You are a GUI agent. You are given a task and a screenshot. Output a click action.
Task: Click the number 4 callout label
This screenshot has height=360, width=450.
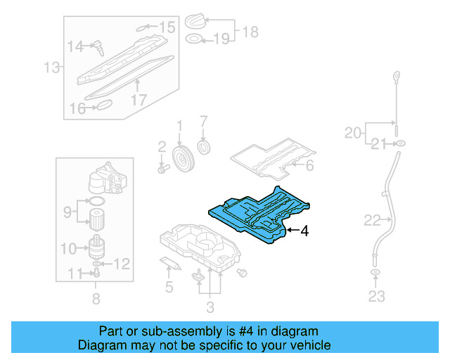[x=304, y=230]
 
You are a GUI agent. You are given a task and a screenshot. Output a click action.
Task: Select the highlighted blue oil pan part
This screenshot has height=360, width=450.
[x=257, y=214]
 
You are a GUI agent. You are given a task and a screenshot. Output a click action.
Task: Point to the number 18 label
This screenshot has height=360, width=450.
[x=250, y=31]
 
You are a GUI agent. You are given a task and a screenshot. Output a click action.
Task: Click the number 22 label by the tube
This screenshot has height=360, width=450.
[x=372, y=221]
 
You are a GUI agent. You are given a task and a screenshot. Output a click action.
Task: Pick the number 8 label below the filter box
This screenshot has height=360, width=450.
[x=96, y=299]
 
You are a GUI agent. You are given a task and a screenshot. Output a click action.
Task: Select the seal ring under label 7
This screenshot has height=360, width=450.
[x=205, y=148]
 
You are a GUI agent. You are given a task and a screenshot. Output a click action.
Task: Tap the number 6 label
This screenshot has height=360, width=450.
[x=309, y=166]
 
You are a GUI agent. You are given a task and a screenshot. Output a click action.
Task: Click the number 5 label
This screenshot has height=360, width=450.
[x=169, y=286]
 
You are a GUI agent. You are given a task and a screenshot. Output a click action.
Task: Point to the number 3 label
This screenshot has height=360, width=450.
[x=210, y=306]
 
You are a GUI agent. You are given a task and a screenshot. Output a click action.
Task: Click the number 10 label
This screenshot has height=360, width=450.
[x=69, y=247]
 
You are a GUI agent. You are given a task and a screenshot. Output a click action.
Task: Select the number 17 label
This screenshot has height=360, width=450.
[x=139, y=99]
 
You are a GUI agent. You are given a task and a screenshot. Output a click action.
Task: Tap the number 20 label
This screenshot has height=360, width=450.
[x=354, y=131]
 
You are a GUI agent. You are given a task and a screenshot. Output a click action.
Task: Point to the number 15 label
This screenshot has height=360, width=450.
[x=167, y=27]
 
